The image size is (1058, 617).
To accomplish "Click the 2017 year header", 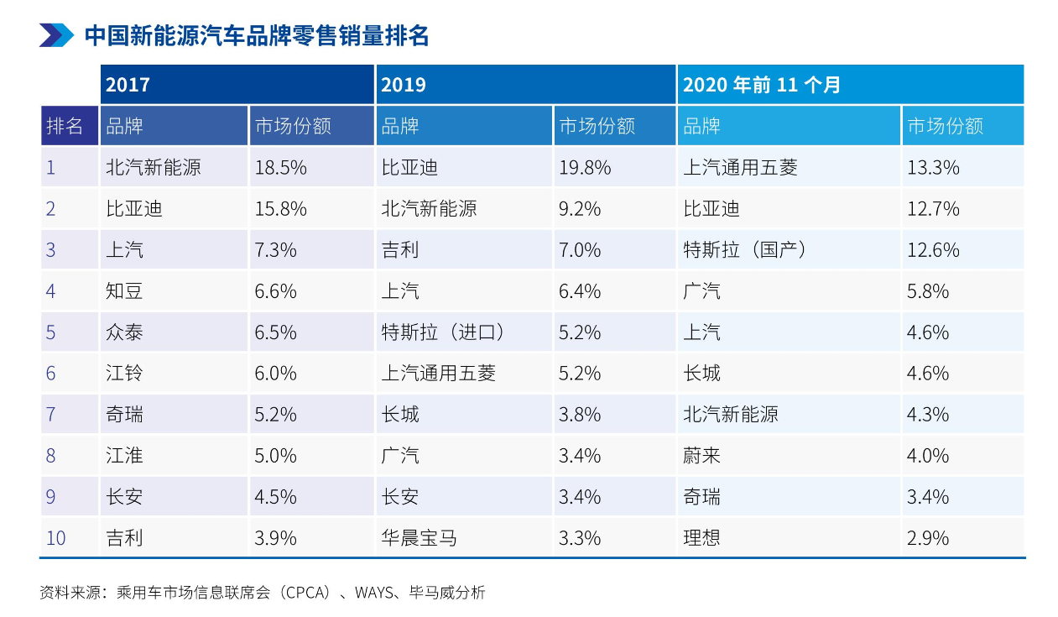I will click(x=128, y=85).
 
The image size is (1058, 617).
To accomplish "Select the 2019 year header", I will click(x=404, y=85).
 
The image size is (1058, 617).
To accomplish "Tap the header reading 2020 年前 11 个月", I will click(x=761, y=85).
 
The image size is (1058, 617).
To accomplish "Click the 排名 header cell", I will click(x=65, y=126).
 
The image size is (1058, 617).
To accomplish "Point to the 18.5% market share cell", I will click(x=280, y=167).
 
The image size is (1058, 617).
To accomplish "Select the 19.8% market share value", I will click(x=585, y=167).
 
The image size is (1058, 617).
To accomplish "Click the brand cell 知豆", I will click(x=124, y=291).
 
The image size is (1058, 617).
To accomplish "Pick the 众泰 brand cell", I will click(x=124, y=332).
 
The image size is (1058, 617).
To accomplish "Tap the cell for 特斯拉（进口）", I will click(x=445, y=332).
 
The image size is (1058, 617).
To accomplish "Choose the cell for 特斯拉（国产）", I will click(x=746, y=250).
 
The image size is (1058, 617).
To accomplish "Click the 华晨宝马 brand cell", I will click(x=419, y=538).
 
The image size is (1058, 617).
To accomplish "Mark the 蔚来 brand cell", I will click(x=701, y=456).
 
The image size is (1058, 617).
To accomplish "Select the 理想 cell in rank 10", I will click(x=701, y=538).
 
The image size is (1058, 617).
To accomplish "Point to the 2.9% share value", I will click(x=928, y=538).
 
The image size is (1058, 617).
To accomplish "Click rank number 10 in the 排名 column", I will click(x=55, y=538).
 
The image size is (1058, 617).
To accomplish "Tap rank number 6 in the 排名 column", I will click(x=50, y=374).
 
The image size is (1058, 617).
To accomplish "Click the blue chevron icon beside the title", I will click(x=56, y=35).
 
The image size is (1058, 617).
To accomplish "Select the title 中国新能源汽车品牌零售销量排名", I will click(x=257, y=36).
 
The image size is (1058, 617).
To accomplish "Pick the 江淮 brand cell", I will click(x=124, y=456).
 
